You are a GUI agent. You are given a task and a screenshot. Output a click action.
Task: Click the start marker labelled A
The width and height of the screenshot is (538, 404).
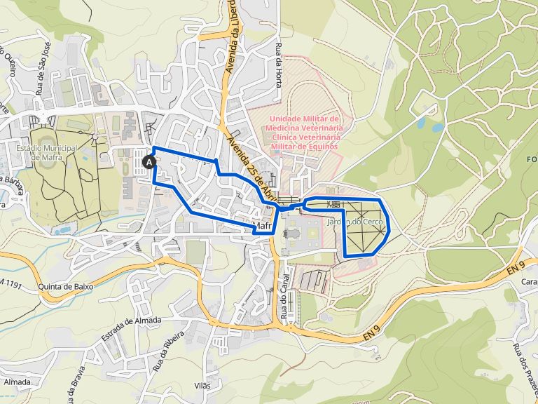(149, 162)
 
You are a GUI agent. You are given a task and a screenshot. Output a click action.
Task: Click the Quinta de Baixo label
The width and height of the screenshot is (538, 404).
(67, 287)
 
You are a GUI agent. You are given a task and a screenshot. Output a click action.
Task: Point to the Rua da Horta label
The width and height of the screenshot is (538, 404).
(279, 66)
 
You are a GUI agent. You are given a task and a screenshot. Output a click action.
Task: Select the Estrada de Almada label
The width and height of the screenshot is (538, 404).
(130, 329)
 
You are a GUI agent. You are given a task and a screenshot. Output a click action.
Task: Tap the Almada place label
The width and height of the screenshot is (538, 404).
(17, 382)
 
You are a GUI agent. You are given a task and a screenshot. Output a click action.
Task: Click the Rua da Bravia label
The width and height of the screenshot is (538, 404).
(78, 382)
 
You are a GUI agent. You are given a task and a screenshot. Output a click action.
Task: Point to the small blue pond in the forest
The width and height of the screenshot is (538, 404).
(437, 128)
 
